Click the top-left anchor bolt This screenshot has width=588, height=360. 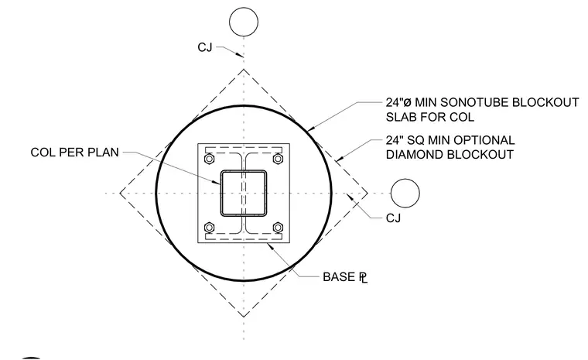(x=209, y=159)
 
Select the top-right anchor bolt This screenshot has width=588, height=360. (x=278, y=159)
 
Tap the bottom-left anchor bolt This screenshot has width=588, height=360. (x=209, y=228)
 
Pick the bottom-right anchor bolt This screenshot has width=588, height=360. (x=278, y=228)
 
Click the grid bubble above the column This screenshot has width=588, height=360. (x=244, y=22)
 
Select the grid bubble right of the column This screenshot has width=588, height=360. (x=405, y=194)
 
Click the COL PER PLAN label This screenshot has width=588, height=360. (x=74, y=153)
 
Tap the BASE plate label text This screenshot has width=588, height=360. (x=345, y=277)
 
